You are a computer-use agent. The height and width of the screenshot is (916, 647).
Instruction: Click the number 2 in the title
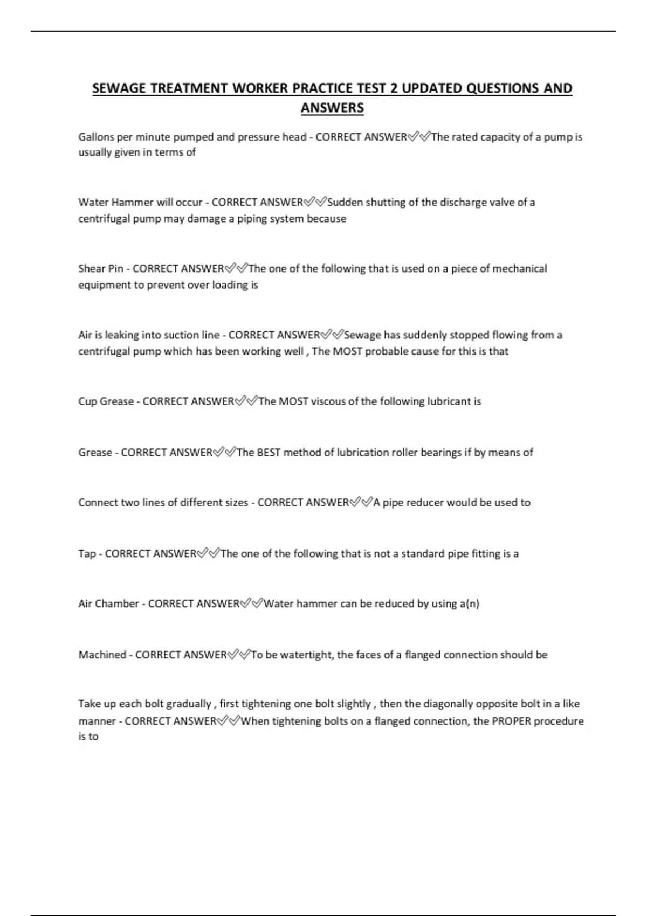point(393,88)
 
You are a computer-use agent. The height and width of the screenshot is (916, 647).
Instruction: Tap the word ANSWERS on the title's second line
point(332,108)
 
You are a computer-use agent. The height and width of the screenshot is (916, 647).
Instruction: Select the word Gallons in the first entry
point(96,137)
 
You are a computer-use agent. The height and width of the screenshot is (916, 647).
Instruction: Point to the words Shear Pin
point(101,268)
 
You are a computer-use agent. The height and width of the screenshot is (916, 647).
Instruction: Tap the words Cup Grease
point(106,401)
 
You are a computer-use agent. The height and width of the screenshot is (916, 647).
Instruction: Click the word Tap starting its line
point(87,554)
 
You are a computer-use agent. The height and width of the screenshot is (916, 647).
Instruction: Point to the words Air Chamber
point(108,604)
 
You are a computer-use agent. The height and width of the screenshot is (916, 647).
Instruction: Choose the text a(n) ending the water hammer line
point(469,604)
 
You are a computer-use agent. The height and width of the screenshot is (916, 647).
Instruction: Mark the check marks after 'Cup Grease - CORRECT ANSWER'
point(246,401)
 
